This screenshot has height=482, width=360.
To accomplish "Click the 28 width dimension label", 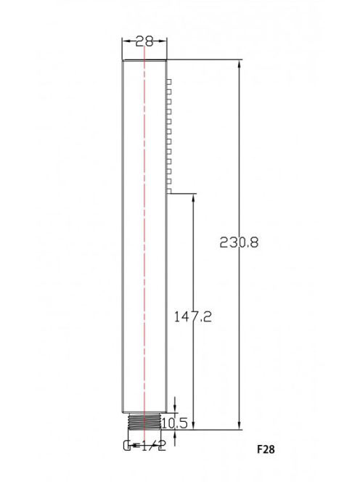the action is pos(144,41).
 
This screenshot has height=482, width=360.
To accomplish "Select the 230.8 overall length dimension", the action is pos(239,242).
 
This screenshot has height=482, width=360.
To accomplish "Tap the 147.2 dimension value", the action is pos(193,316).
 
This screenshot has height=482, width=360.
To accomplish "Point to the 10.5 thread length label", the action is pos(174,424).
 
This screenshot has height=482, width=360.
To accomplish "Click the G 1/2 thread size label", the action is pos(144,446).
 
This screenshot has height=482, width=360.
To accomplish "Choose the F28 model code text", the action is pos(266,449).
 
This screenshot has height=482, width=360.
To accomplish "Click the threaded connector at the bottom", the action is pos(144,421).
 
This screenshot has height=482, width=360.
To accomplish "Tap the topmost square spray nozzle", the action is pos(169,82).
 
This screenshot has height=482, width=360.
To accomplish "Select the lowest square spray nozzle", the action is pos(169,191).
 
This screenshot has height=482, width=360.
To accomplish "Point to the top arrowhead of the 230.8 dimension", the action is pos(240,65).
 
